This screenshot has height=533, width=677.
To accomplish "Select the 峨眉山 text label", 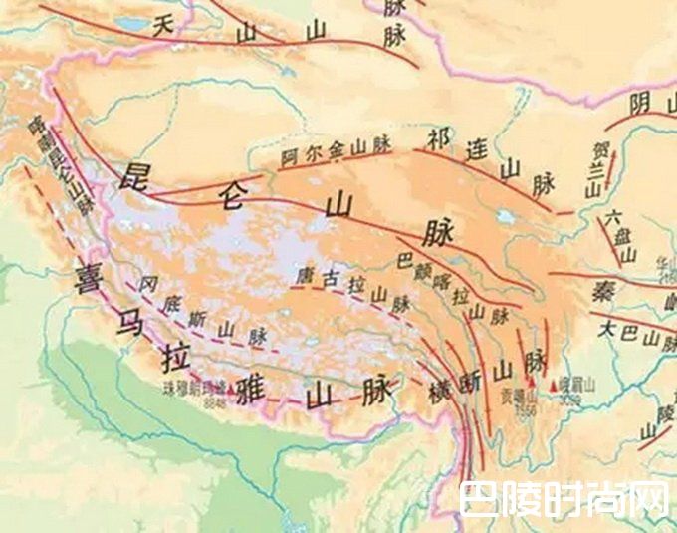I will pyautogui.click(x=575, y=381).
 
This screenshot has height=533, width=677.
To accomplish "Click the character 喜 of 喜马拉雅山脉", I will pyautogui.click(x=81, y=280).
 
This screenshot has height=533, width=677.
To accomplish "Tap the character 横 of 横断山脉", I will pyautogui.click(x=441, y=390).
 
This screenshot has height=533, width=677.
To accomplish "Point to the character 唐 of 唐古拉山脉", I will pyautogui.click(x=305, y=274).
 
